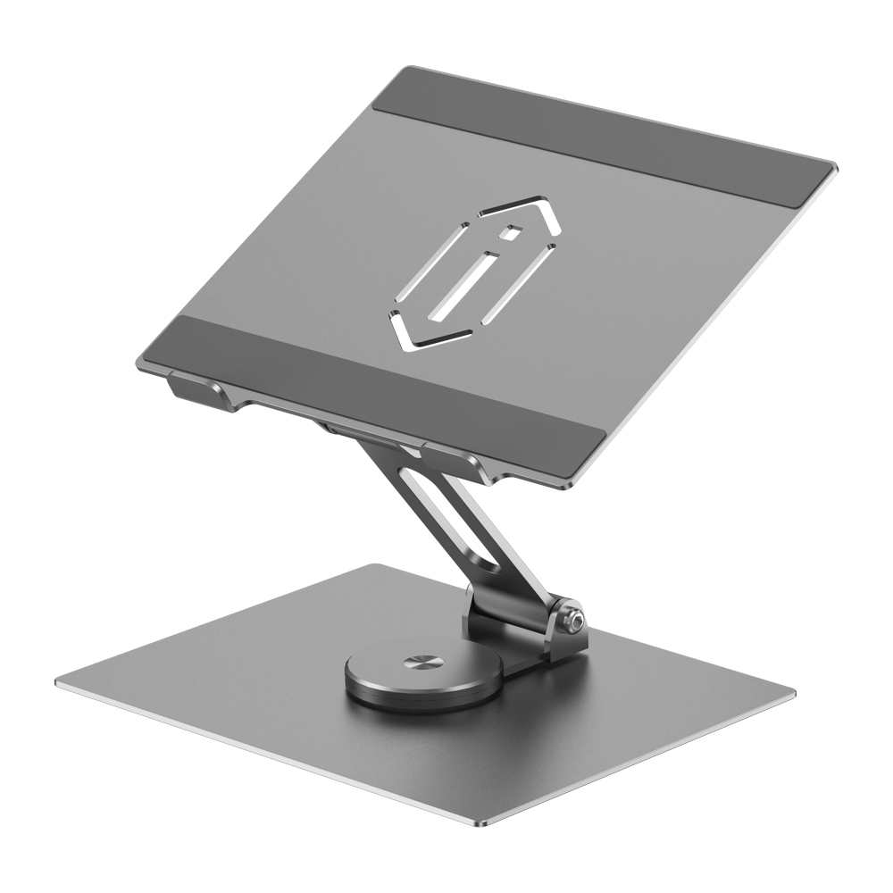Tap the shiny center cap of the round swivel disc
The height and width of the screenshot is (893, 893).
tap(417, 663)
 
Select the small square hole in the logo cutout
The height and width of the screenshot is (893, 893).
tap(511, 235)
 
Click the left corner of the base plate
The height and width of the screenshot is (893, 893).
tap(58, 684)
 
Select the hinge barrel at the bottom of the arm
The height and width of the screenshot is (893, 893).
tap(518, 621)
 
